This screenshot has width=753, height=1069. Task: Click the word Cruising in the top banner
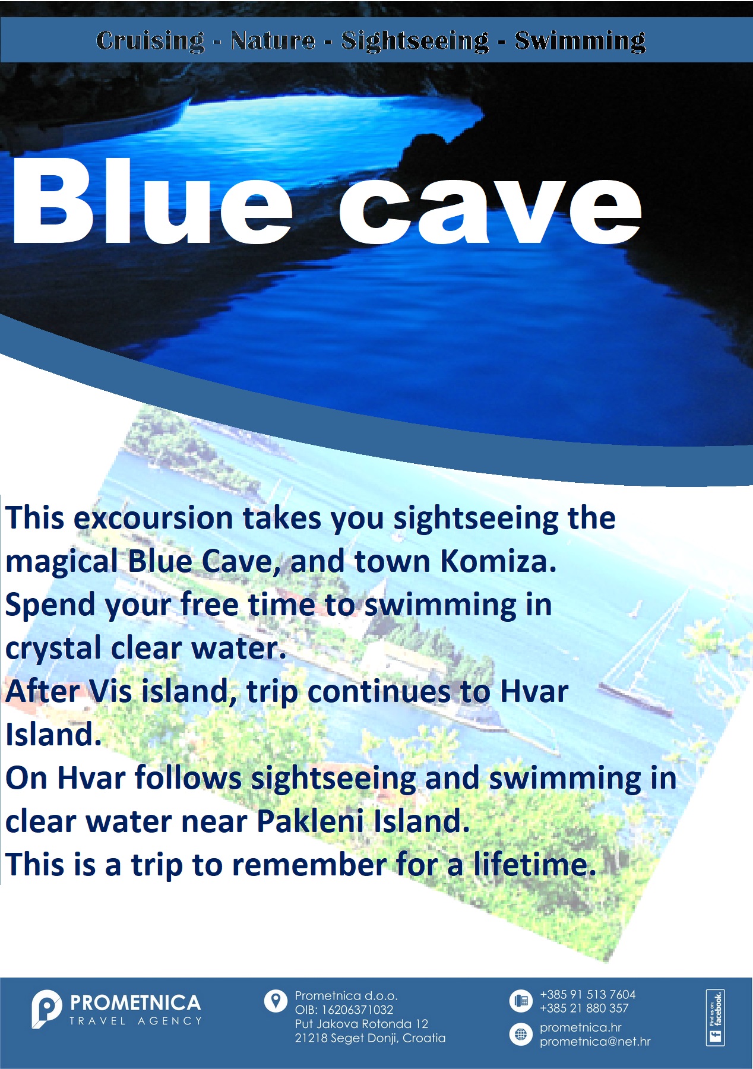pos(150,41)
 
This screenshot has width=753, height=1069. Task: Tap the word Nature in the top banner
pos(273,40)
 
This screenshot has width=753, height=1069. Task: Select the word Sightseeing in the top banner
pos(415,41)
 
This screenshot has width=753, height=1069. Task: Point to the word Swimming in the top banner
pos(580,41)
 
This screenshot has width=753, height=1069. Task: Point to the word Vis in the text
pos(111,691)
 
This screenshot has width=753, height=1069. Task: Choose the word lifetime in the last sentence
pos(534,864)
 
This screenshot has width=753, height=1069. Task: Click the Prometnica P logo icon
pos(46,1009)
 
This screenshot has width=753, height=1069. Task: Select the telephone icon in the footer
pos(521,1001)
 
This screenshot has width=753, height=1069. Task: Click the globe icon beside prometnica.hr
pos(521,1035)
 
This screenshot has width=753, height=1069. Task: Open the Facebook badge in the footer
pos(716,1017)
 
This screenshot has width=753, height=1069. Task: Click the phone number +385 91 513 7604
pos(587,995)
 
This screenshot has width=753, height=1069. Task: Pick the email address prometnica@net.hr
pos(595,1042)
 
